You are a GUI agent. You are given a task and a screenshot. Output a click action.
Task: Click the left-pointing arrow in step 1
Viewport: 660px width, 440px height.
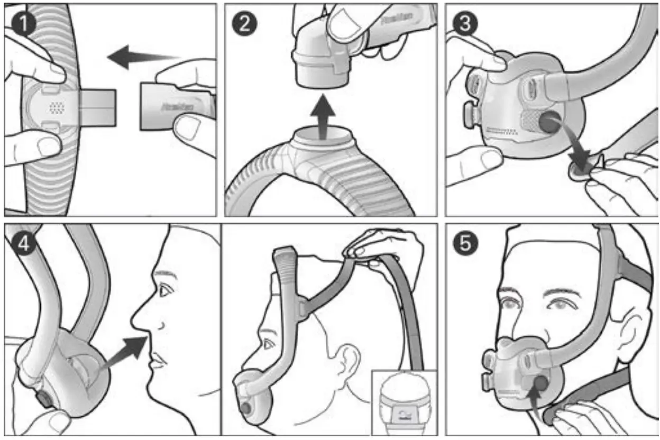(x=140, y=57)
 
